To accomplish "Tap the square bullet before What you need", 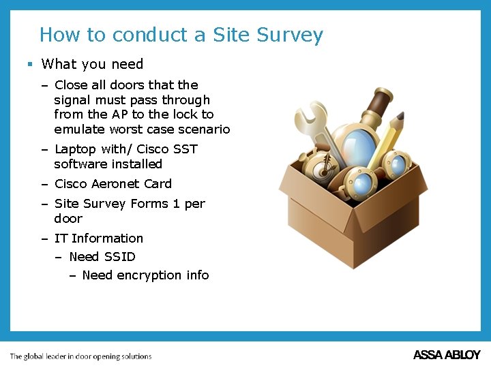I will pyautogui.click(x=30, y=64).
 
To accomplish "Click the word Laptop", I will pyautogui.click(x=75, y=149).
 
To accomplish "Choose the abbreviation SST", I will pyautogui.click(x=185, y=149).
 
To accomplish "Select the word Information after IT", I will pyautogui.click(x=108, y=239).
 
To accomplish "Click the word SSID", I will pyautogui.click(x=119, y=257).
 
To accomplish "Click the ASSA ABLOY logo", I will pyautogui.click(x=447, y=355).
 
